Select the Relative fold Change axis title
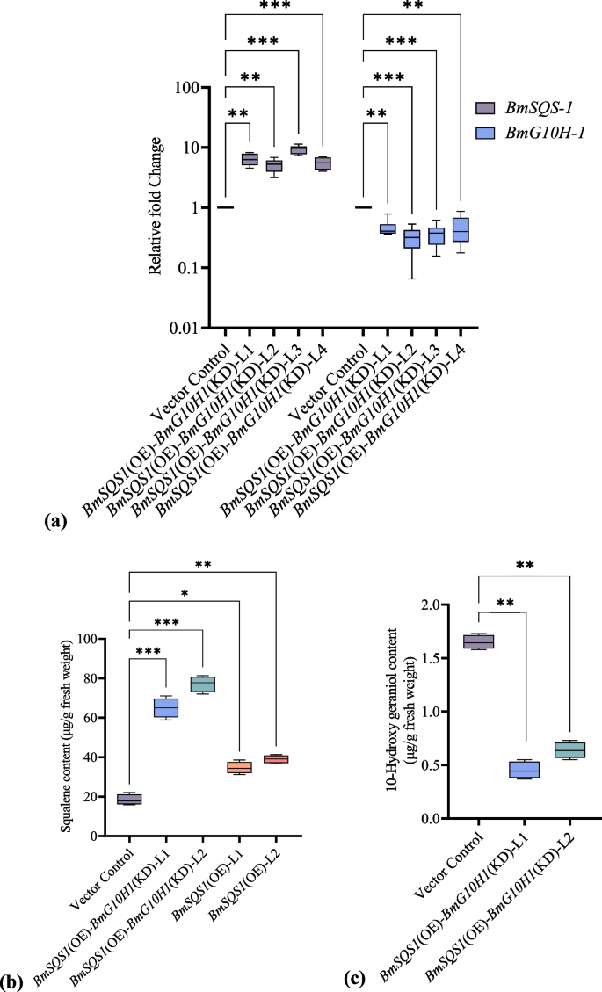tap(156, 206)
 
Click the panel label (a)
tap(54, 521)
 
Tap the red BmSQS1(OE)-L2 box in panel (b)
tap(276, 759)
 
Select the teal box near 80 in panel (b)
tap(203, 684)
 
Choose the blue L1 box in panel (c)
tap(525, 770)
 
